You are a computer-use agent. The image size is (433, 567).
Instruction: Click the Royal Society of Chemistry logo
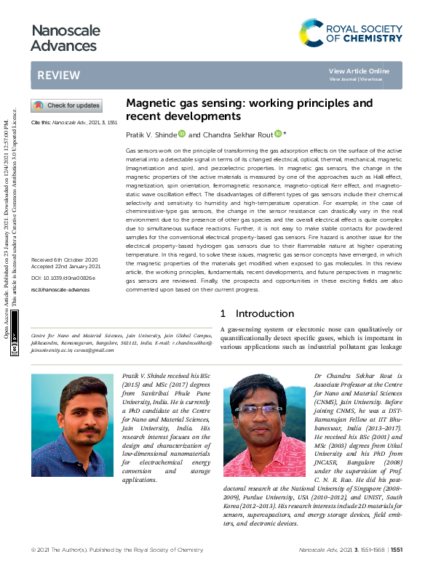pyautogui.click(x=351, y=33)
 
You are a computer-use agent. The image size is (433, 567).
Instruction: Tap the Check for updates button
pyautogui.click(x=66, y=105)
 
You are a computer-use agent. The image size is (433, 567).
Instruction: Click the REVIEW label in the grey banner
pyautogui.click(x=54, y=76)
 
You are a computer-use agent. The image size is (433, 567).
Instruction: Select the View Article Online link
pyautogui.click(x=359, y=71)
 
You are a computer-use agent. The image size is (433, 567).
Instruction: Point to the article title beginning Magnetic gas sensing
pyautogui.click(x=249, y=109)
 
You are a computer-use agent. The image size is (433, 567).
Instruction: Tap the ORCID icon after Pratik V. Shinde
pyautogui.click(x=182, y=134)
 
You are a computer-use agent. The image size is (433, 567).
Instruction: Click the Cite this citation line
pyautogui.click(x=74, y=123)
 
